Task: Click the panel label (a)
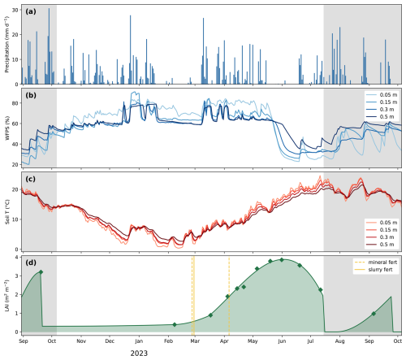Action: pyautogui.click(x=31, y=11)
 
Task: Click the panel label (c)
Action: pyautogui.click(x=31, y=179)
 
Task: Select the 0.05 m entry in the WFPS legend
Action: pyautogui.click(x=382, y=95)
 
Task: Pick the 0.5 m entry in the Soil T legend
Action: pyautogui.click(x=382, y=245)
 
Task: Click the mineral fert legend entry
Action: pyautogui.click(x=376, y=262)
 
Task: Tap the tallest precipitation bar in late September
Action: pyautogui.click(x=49, y=46)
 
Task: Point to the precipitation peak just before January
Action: pyautogui.click(x=130, y=50)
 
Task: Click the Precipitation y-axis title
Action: pyautogui.click(x=6, y=45)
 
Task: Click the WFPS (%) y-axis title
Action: pyautogui.click(x=7, y=128)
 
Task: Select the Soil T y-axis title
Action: pyautogui.click(x=7, y=212)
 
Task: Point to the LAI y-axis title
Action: pyautogui.click(x=6, y=295)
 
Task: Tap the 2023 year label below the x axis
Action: pyautogui.click(x=139, y=353)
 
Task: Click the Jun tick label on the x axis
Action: pyautogui.click(x=282, y=341)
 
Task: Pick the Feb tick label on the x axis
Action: pyautogui.click(x=168, y=341)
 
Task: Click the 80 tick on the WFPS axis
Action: pyautogui.click(x=15, y=103)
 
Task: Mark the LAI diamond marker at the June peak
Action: pyautogui.click(x=282, y=260)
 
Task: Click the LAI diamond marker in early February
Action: pyautogui.click(x=175, y=324)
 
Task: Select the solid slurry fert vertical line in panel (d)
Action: pyautogui.click(x=194, y=296)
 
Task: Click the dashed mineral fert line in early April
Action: pyautogui.click(x=229, y=296)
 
